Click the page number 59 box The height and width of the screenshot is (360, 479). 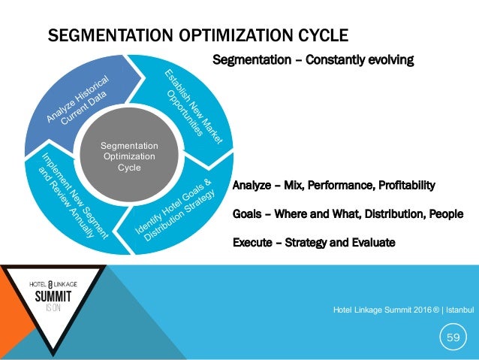click(453, 337)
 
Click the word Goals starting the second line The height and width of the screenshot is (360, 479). click(247, 213)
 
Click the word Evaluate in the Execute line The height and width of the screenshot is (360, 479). click(370, 242)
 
